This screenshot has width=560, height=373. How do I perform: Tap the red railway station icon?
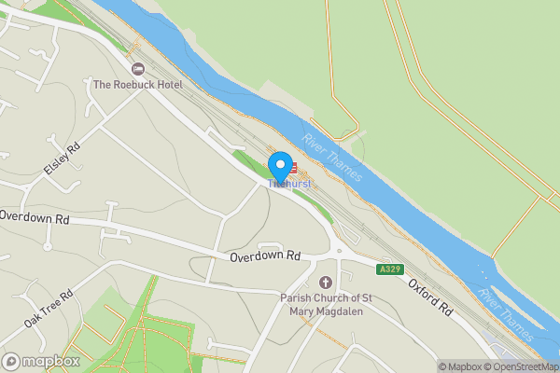[291, 169]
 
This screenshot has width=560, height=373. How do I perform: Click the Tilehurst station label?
[288, 185]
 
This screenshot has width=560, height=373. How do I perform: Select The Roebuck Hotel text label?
[137, 85]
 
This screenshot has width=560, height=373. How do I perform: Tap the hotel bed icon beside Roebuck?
[138, 69]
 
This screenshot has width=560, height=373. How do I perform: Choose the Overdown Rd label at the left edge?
[35, 216]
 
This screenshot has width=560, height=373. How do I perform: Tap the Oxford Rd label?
[429, 296]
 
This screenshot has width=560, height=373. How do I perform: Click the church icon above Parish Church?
[326, 283]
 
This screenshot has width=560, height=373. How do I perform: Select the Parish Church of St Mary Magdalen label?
[326, 305]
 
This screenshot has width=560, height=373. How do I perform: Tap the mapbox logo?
[41, 361]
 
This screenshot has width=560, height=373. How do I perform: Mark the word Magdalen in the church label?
[340, 311]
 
